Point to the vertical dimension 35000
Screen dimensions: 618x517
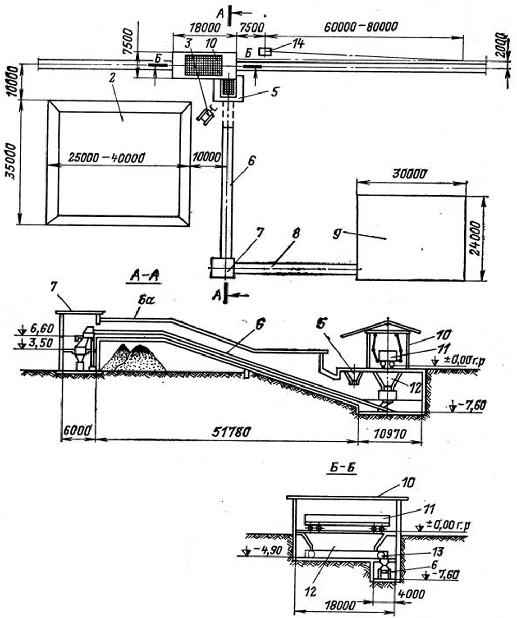(10, 161)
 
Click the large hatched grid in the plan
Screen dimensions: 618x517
(203, 66)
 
